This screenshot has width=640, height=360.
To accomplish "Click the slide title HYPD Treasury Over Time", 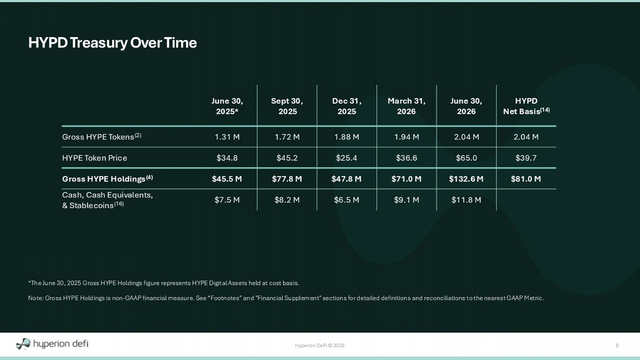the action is pyautogui.click(x=112, y=43).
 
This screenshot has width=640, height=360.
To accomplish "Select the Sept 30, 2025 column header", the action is pyautogui.click(x=287, y=106).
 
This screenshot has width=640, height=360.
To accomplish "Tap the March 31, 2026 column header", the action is pyautogui.click(x=407, y=106).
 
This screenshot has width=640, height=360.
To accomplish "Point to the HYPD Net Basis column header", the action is pyautogui.click(x=526, y=106).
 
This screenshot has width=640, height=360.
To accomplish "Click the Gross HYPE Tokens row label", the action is pyautogui.click(x=102, y=136).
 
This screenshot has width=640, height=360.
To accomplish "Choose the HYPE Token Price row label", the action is pyautogui.click(x=95, y=158).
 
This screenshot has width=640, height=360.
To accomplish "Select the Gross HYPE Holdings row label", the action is pyautogui.click(x=108, y=179).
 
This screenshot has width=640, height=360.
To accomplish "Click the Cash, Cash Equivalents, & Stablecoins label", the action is pyautogui.click(x=108, y=200).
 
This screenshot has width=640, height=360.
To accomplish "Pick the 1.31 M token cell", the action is pyautogui.click(x=227, y=137).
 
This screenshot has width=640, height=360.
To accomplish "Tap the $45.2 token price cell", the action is pyautogui.click(x=287, y=158).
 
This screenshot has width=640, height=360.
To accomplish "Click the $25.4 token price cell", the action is pyautogui.click(x=346, y=158).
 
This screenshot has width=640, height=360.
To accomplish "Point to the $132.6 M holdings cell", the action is pyautogui.click(x=466, y=179).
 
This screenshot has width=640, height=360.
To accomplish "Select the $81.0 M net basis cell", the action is pyautogui.click(x=526, y=179).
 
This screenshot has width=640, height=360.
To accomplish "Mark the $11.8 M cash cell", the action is pyautogui.click(x=466, y=200).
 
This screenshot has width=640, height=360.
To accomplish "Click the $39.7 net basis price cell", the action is pyautogui.click(x=526, y=158).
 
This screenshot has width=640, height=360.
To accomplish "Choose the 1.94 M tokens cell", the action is pyautogui.click(x=407, y=137).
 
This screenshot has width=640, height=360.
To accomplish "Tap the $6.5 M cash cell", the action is pyautogui.click(x=346, y=200).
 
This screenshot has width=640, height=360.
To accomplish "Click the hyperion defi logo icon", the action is pyautogui.click(x=23, y=344).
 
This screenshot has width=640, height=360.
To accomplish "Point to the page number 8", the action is pyautogui.click(x=617, y=345).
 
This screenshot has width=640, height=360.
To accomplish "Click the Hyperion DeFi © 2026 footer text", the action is pyautogui.click(x=320, y=345).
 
